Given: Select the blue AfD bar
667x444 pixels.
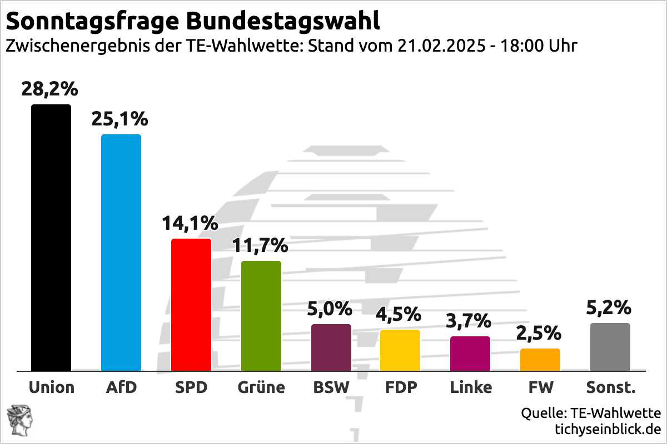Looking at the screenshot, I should pos(121,253).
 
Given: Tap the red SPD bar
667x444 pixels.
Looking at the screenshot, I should pos(191,305).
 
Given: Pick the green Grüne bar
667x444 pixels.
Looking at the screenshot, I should pos(261,316).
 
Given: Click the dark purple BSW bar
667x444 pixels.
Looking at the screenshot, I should pos(331,347).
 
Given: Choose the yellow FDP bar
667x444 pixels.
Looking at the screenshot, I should pos(400,350).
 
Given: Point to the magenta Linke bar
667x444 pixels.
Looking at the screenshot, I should pos(470,354).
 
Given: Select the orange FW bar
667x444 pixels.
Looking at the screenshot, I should pos(540,360).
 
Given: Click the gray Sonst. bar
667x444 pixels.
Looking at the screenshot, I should pos(610,347).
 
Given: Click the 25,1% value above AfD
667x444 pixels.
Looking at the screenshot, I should pos(120,119).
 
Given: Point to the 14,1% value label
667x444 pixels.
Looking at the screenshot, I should pos(190,223).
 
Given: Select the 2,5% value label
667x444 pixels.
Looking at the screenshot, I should pos(539,334).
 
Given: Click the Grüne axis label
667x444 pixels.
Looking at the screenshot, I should pos(261,387).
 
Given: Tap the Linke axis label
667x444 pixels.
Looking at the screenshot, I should pos(471,387).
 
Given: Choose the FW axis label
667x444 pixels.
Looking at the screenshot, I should pos(540,387).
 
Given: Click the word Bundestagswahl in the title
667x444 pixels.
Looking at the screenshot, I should pos(283,21).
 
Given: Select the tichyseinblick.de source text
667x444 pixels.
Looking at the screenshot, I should pos(608,429).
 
